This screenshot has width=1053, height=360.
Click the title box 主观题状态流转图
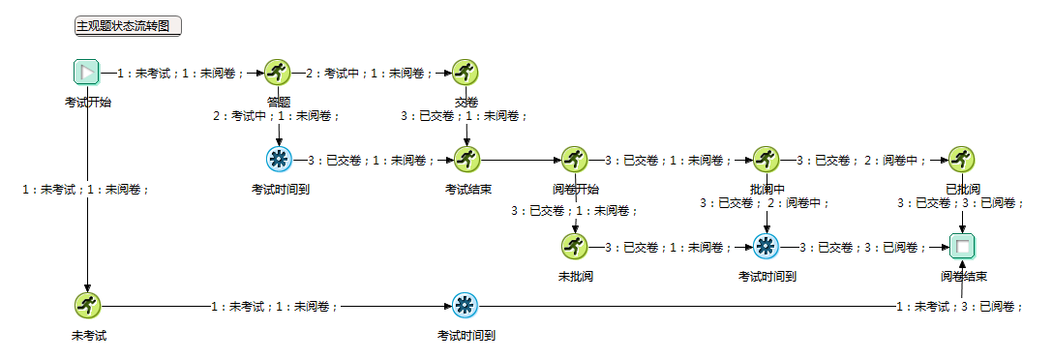129,26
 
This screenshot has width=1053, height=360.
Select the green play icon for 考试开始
87,72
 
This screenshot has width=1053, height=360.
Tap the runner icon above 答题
279,72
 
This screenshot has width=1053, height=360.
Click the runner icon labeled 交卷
466,72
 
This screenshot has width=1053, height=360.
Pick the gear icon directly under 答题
279,159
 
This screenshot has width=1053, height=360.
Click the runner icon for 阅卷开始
575,159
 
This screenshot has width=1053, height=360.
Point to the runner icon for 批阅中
767,159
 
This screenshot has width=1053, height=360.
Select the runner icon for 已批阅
962,159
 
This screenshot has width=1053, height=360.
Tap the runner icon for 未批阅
575,246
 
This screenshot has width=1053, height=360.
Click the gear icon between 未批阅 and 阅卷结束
767,246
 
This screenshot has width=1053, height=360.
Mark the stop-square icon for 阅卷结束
962,246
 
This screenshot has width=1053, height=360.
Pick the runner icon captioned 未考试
88,306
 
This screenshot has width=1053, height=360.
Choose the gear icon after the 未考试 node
466,306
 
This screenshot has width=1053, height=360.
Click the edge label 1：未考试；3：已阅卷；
958,307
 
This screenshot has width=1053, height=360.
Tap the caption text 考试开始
87,102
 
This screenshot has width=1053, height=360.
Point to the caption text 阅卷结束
964,277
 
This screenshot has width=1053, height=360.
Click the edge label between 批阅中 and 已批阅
861,160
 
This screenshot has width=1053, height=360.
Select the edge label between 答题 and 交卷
364,73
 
